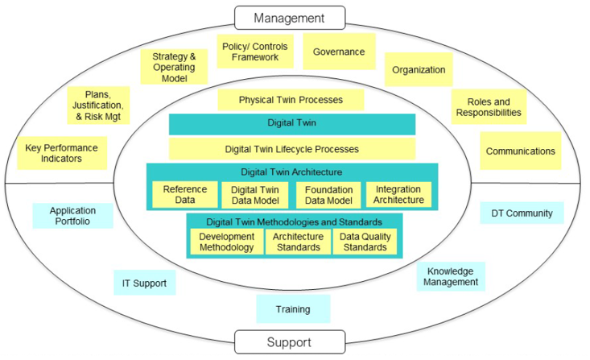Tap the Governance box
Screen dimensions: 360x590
click(339, 52)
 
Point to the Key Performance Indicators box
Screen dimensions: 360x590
click(61, 153)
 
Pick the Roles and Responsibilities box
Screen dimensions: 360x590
click(489, 108)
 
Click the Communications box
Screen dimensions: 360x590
click(520, 151)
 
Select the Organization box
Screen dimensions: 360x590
click(419, 70)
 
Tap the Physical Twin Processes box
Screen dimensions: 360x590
click(291, 100)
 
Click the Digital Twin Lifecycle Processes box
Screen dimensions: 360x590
click(291, 149)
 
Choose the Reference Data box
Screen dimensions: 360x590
click(185, 195)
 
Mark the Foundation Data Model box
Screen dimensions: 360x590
click(328, 195)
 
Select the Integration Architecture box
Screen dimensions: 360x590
click(398, 195)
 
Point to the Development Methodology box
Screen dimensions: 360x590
click(227, 242)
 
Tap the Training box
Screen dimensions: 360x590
click(293, 309)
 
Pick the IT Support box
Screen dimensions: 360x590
click(144, 283)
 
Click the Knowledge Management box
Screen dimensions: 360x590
click(452, 276)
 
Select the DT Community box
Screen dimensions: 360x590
click(522, 213)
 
